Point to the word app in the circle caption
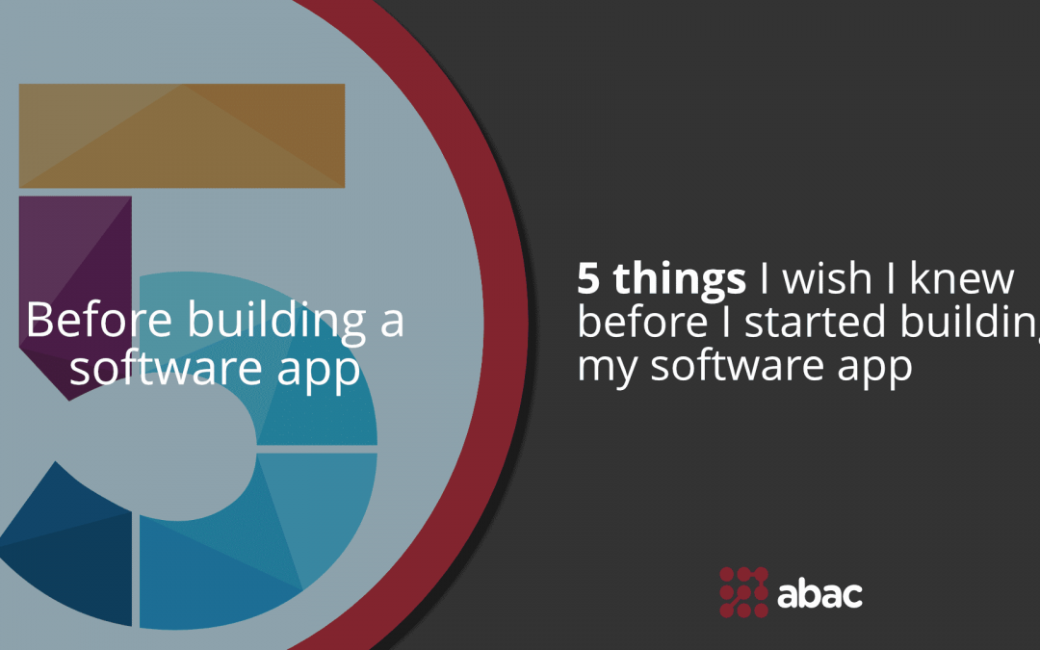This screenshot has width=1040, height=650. click(x=323, y=371)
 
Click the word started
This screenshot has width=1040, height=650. click(x=817, y=323)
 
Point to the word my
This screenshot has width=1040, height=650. click(x=603, y=369)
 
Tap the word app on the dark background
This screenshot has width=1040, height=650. click(x=877, y=369)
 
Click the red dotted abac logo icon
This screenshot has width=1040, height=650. click(x=743, y=591)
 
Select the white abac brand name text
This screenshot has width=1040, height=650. click(x=819, y=591)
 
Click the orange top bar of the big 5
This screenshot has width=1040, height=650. click(x=182, y=136)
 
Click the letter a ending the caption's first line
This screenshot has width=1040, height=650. click(x=392, y=321)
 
